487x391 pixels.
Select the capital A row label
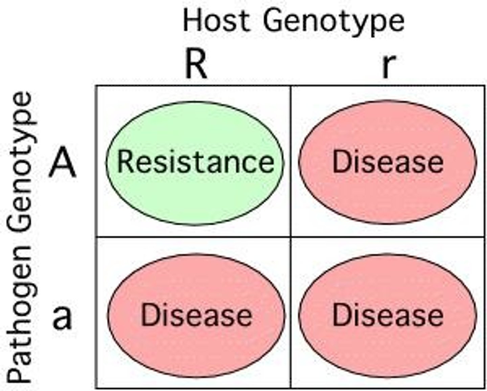[63, 163]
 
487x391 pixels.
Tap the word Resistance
[195, 162]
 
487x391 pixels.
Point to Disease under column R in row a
[196, 315]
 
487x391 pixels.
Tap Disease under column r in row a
[388, 315]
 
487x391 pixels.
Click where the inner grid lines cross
[291, 237]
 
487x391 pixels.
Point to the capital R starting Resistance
[125, 162]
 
